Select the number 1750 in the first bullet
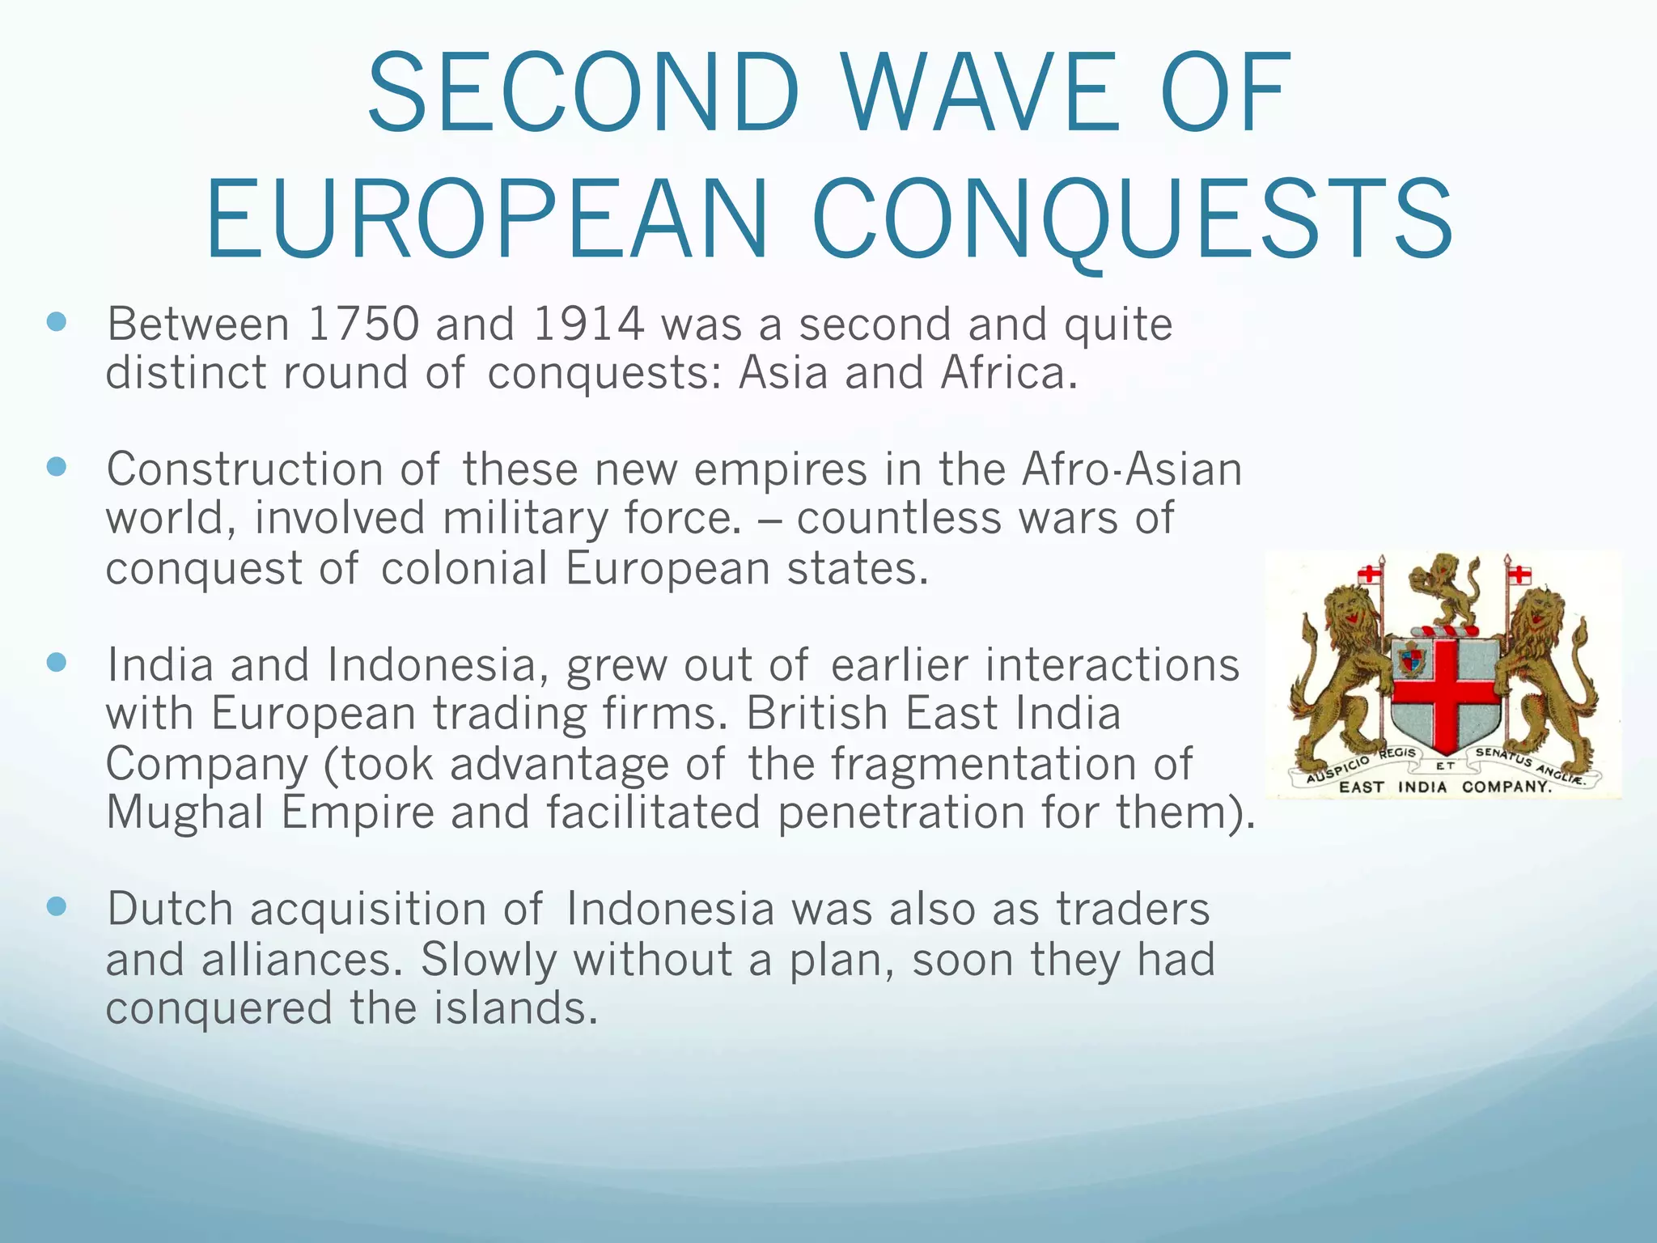[x=363, y=325]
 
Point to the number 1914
[x=588, y=325]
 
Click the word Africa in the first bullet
[x=1008, y=373]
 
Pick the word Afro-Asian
[x=1131, y=469]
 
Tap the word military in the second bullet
[x=524, y=519]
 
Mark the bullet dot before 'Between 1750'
[x=56, y=323]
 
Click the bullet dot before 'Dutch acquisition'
[x=56, y=906]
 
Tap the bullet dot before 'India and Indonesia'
[x=56, y=663]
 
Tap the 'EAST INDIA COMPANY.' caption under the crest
[x=1445, y=787]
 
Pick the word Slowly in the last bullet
[x=489, y=959]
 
